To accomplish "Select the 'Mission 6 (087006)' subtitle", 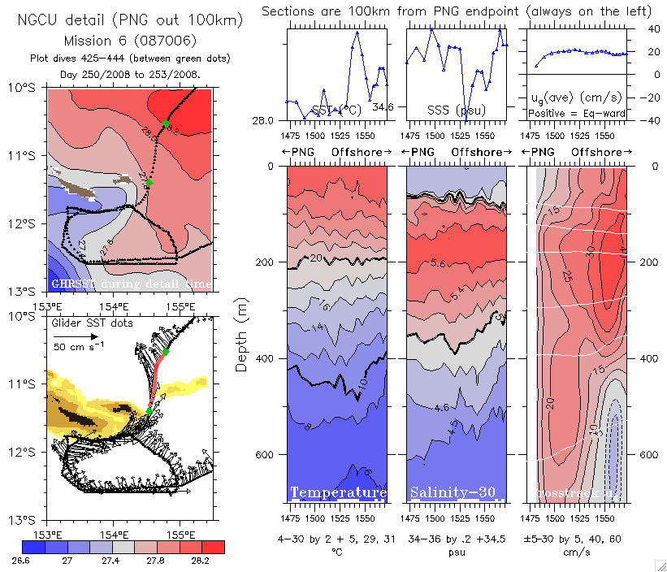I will pyautogui.click(x=131, y=41).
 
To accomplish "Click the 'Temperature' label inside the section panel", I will pyautogui.click(x=338, y=493).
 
